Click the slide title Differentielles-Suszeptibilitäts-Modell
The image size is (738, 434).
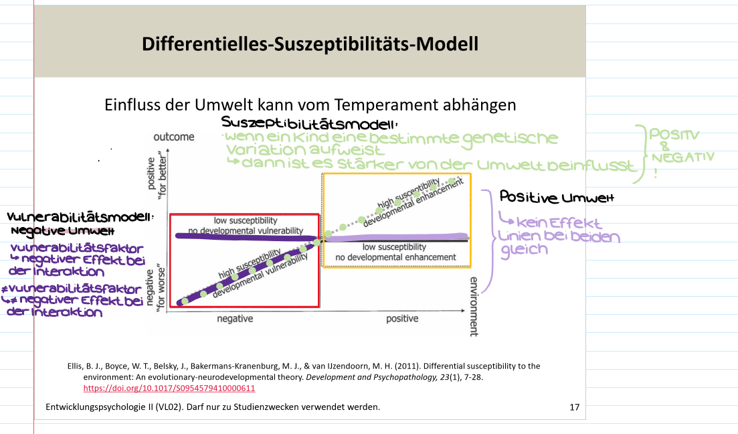pos(310,44)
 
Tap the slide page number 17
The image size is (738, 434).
pos(573,407)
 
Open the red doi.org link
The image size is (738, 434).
pos(169,388)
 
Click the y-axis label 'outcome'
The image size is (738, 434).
pos(174,137)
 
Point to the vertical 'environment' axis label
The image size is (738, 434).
pos(474,305)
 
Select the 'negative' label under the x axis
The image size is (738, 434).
pos(235,319)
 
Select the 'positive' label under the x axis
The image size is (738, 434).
pos(401,319)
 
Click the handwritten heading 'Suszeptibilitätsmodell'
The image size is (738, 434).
pos(309,123)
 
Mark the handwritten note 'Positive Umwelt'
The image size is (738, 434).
pos(557,198)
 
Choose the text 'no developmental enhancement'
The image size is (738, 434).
pos(395,257)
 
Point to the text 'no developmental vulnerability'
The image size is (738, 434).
pos(245,230)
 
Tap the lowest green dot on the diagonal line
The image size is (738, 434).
pos(185,301)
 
